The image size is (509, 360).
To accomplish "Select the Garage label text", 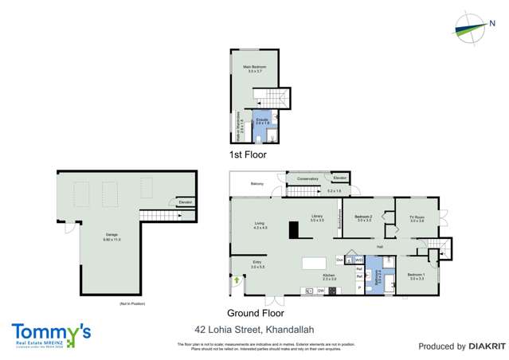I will pos(112,236).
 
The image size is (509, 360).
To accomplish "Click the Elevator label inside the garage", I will pos(186,202).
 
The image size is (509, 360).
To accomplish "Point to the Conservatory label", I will pos(307,178).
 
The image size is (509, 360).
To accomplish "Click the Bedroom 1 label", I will pos(417,276).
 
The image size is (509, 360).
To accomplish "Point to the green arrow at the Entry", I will pos(238,280).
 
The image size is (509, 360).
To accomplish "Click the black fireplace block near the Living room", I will pos(293,230).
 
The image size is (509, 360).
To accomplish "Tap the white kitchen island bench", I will pos(315,263).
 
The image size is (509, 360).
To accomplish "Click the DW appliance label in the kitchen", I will pos(320,292).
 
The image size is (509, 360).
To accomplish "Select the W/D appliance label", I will pos(359,260).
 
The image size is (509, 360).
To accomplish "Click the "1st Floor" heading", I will pos(248,155).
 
